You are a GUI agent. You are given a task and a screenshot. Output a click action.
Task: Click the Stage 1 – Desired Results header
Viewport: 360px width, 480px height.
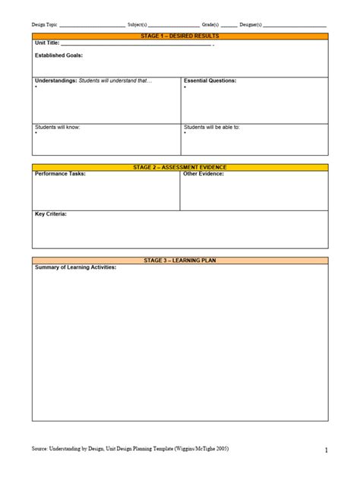coord(180,36)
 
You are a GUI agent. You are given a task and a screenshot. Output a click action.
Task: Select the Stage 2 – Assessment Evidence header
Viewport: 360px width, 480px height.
coord(180,167)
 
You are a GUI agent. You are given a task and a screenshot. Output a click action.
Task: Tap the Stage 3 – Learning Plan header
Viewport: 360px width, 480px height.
coord(180,261)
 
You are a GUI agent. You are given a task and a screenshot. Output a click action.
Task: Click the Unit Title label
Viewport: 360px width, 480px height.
coord(46,43)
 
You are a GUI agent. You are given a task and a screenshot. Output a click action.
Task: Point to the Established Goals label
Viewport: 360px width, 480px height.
coord(59,55)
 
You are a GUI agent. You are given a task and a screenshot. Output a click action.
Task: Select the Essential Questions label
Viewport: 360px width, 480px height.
coord(210,81)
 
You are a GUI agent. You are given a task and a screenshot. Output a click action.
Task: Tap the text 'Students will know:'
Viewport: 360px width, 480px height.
coord(57,127)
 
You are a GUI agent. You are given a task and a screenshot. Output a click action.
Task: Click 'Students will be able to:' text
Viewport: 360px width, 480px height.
coord(212,127)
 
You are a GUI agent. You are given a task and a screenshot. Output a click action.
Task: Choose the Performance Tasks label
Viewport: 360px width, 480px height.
coord(60,174)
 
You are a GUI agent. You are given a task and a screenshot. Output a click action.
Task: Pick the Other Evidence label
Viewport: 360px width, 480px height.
coord(204,174)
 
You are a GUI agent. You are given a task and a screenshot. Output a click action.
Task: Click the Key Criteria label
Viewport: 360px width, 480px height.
coord(51,214)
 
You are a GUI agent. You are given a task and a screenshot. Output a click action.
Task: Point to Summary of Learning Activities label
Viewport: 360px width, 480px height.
coord(75,267)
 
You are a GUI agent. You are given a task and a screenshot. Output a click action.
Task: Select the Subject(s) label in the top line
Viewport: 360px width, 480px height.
coord(138,24)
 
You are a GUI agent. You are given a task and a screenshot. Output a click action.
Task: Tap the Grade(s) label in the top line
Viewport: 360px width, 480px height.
coord(210,24)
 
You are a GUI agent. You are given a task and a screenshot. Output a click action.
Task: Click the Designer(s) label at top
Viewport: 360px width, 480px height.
coord(251,24)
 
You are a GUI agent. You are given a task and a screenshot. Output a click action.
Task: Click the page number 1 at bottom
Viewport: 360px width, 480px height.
coord(326,451)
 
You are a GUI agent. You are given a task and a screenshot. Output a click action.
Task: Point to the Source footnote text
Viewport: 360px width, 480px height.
coord(130,449)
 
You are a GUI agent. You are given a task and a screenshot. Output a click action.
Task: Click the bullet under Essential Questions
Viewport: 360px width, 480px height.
coord(185,87)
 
